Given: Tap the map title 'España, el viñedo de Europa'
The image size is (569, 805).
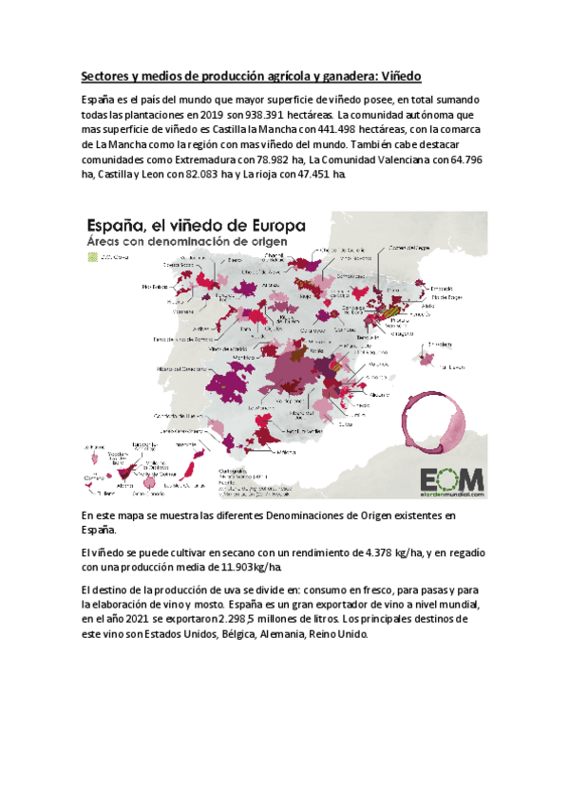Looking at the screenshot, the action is pyautogui.click(x=196, y=227).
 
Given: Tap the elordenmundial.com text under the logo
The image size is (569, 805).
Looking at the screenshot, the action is pyautogui.click(x=453, y=494).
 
